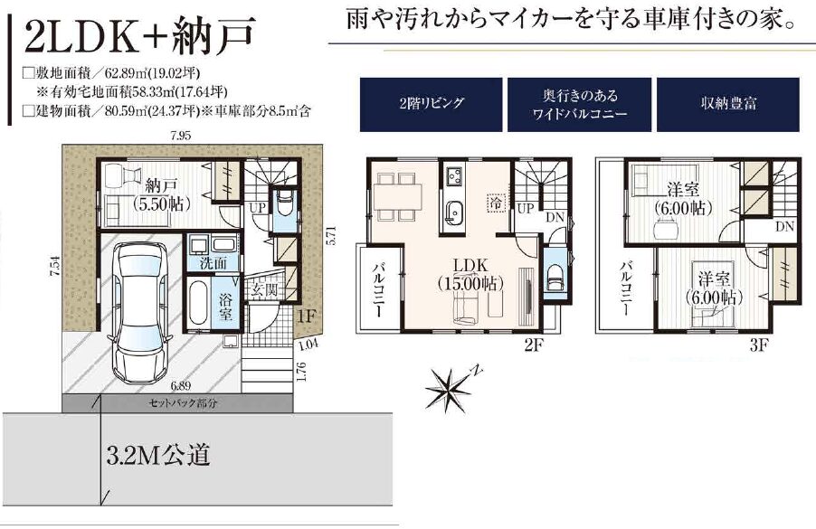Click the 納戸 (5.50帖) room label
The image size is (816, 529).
(x=162, y=194)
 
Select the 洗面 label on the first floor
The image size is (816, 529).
(x=213, y=262)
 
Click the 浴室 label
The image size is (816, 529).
(x=225, y=307)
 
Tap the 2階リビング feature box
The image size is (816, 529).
(x=431, y=104)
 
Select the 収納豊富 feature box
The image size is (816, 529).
(x=727, y=104)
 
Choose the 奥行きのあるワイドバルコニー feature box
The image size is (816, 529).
(x=579, y=104)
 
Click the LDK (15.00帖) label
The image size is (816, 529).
(x=470, y=274)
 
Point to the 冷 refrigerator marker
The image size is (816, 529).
(x=497, y=203)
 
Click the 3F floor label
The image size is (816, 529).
(x=759, y=345)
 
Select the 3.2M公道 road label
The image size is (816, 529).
(x=158, y=455)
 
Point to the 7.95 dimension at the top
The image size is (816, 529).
(x=181, y=137)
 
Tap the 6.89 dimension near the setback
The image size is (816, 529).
(x=181, y=386)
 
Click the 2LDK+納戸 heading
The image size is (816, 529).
(x=139, y=35)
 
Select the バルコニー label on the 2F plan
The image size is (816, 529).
(x=379, y=290)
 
